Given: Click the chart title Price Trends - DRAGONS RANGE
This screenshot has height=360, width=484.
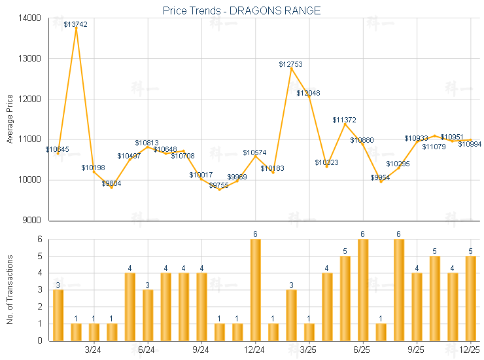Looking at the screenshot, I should point(241,11).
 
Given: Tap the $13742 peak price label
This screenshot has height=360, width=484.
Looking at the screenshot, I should point(76,24).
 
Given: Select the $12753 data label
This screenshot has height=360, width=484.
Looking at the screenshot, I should point(290,64).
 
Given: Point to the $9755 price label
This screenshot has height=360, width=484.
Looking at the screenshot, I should point(219,186).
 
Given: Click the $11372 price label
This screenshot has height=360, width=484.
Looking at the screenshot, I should point(344,120).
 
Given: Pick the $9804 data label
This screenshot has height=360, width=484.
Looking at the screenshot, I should point(111,183).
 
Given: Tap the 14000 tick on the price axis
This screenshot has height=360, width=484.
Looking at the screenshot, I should point(30,18).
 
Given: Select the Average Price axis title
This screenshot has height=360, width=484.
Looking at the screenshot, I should point(10,119).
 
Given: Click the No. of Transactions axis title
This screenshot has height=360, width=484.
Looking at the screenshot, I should point(10,291).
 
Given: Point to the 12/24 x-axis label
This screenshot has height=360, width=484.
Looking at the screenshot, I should point(254,350).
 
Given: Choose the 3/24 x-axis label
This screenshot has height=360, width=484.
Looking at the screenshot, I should point(94,350).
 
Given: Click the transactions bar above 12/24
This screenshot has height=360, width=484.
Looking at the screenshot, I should point(255,290).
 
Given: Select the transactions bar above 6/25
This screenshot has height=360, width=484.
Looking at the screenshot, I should point(362,290).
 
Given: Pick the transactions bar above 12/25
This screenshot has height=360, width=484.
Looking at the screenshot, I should point(470,298).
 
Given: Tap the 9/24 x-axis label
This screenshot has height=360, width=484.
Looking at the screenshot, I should point(201,350).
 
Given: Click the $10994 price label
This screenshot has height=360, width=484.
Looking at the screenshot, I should point(470,145).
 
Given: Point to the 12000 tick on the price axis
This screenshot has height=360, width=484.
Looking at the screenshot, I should point(30,99).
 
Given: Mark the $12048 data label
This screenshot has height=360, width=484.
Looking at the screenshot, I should point(308,94).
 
